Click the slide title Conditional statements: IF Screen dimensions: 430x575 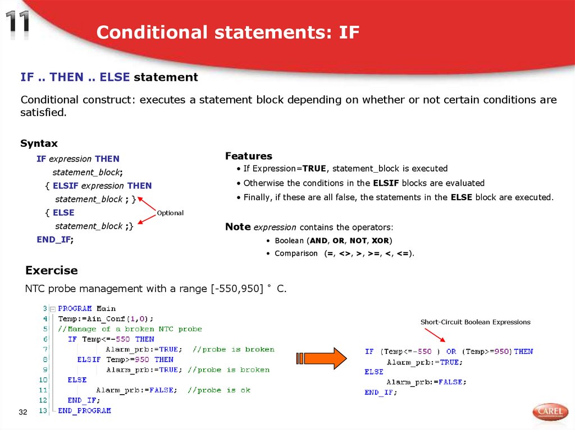227,32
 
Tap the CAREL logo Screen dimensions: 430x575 550,412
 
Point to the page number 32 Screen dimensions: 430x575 23,413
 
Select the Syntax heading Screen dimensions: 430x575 39,144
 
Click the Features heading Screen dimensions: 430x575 248,156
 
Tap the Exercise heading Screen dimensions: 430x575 51,270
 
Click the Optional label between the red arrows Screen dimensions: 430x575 170,213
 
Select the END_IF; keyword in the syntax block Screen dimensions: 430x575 54,239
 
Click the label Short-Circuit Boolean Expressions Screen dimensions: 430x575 475,322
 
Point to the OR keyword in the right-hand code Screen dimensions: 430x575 451,352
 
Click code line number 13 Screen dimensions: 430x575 43,410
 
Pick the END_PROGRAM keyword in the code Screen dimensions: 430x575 84,410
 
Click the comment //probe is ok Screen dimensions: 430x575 219,390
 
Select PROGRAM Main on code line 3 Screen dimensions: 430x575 86,308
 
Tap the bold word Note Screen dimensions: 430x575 238,226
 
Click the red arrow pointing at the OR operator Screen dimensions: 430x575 435,335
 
